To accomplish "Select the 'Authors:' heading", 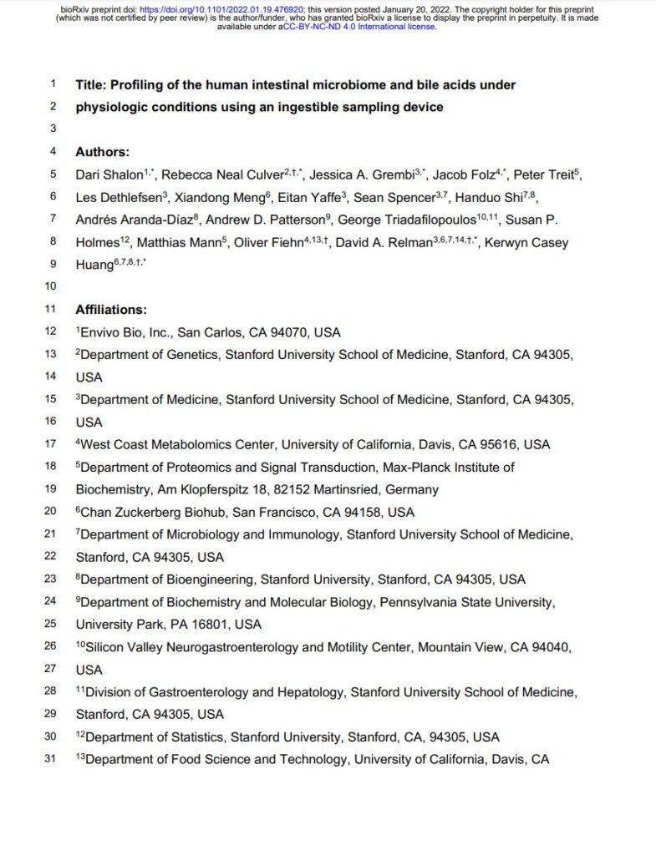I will (103, 152).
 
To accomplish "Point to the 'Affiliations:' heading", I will (111, 309).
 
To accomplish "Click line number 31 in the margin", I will (49, 759).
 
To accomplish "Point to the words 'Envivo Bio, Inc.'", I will (125, 331).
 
